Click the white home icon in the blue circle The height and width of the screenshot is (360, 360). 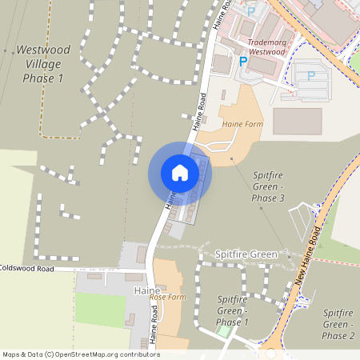[179, 173]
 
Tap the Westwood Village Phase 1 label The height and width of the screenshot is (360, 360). [43, 63]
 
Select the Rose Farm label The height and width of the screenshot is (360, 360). [168, 297]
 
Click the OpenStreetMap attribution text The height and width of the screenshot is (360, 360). [81, 354]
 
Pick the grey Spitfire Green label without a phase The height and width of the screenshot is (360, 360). [246, 254]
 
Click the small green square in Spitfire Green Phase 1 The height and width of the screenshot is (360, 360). [224, 330]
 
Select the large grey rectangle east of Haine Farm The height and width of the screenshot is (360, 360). [297, 121]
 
